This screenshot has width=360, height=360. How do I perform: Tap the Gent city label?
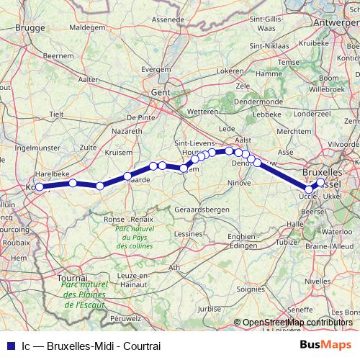tap(159, 93)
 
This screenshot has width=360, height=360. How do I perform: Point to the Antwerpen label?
tap(337, 23)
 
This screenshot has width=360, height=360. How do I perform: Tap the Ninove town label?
tap(239, 183)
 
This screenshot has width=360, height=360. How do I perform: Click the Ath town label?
tap(174, 267)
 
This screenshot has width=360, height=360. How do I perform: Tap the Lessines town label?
tap(189, 234)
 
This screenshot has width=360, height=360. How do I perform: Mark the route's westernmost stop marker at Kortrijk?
tap(42, 187)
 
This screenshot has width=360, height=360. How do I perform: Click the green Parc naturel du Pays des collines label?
tap(135, 235)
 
